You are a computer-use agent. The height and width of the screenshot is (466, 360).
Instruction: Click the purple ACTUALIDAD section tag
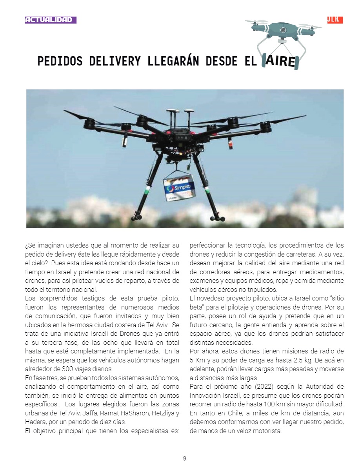tap(51, 20)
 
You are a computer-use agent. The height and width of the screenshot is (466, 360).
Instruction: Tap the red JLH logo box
tap(335, 20)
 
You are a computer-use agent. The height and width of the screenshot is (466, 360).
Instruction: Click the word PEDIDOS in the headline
tap(60, 62)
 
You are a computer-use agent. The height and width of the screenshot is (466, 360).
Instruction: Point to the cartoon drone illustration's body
tap(283, 30)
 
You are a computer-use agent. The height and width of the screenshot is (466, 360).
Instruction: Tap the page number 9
tap(184, 458)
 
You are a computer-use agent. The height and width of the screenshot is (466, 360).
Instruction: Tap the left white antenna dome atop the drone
tap(171, 111)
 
